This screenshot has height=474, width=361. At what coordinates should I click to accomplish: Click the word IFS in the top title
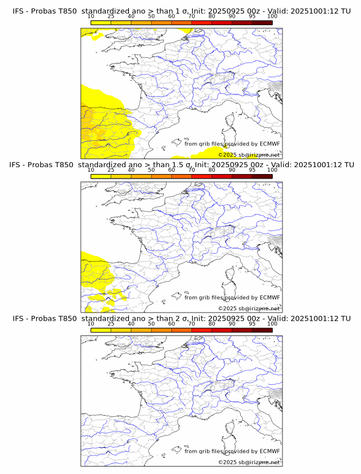(18, 11)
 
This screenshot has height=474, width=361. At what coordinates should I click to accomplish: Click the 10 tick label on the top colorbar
(91, 17)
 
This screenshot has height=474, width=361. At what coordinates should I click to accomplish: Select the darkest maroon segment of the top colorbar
(262, 22)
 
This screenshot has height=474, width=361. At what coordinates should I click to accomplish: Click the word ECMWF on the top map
(269, 144)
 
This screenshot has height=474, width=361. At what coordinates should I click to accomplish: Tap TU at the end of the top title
(346, 11)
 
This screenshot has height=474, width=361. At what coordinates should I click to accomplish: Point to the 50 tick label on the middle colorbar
(151, 170)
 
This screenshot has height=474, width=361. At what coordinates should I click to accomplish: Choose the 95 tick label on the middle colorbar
(252, 170)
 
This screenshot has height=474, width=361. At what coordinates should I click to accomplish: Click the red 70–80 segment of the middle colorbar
(201, 176)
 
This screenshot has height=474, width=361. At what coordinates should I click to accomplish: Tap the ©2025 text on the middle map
(227, 309)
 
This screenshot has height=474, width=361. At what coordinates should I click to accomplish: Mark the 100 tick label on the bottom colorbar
(272, 324)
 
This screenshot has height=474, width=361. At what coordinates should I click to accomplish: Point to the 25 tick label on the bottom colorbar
(111, 324)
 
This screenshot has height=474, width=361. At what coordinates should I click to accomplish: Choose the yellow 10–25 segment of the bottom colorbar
(101, 330)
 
